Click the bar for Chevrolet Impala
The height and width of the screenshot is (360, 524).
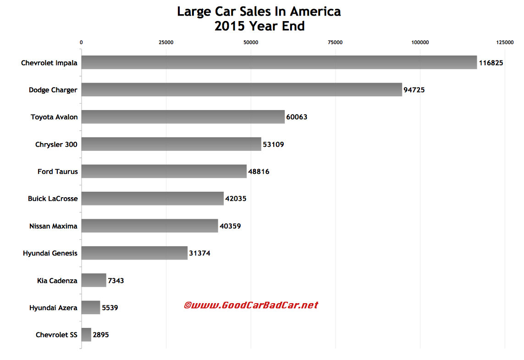279,63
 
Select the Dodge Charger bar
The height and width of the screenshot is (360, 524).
242,90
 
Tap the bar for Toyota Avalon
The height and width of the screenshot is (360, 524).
183,117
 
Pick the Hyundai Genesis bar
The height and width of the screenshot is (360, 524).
134,253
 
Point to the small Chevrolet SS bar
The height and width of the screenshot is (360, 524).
86,335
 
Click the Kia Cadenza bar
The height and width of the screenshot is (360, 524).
94,280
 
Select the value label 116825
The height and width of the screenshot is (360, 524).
491,63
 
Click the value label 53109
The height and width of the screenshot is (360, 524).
273,144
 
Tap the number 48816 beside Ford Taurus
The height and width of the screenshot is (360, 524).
259,172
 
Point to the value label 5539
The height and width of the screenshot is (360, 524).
110,308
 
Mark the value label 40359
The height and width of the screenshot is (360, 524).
230,226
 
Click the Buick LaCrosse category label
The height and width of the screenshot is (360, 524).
53,199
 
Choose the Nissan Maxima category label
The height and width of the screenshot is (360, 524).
53,226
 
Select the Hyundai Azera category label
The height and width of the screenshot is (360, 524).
53,308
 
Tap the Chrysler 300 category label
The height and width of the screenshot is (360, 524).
56,144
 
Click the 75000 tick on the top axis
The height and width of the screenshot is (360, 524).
336,43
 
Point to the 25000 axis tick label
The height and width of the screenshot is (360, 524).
166,43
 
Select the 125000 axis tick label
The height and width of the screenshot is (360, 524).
505,43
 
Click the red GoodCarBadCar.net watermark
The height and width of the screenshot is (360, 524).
251,305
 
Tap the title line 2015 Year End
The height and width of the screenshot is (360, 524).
259,27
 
